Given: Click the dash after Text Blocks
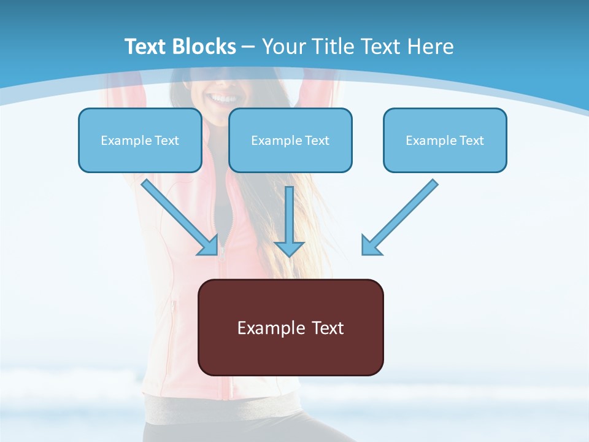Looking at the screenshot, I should tap(248, 47).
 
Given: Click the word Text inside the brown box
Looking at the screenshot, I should tap(328, 328).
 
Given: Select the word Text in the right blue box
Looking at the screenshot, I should tap(472, 141).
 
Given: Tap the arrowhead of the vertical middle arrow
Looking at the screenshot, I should tap(289, 249).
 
